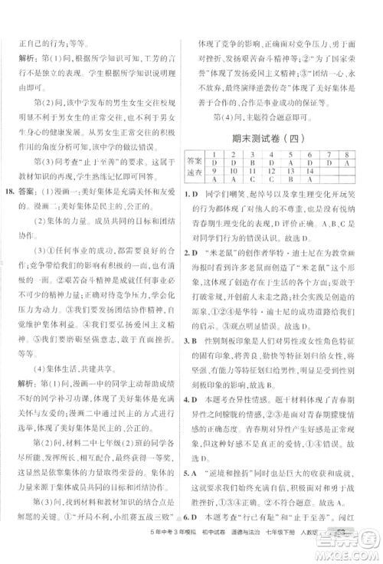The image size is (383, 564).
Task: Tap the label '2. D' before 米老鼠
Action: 191,251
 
